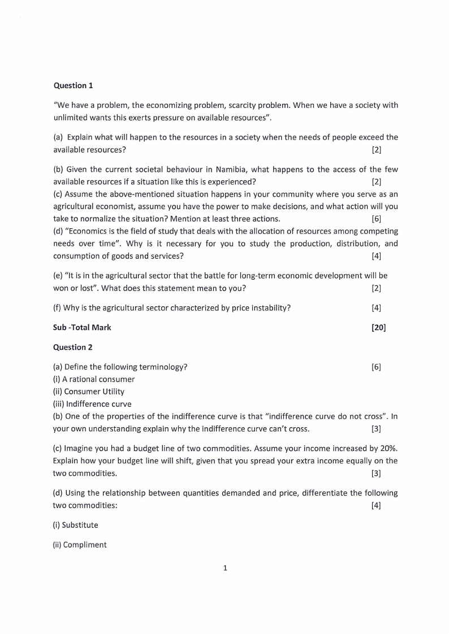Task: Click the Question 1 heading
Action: [x=73, y=85]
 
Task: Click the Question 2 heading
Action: [x=73, y=347]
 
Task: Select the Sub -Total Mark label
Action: [x=82, y=327]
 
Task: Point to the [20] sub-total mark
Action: [x=378, y=327]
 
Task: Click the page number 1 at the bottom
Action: [x=225, y=568]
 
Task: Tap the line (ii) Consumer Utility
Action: [x=89, y=391]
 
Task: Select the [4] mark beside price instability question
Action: [x=376, y=308]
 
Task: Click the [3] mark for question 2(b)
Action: [x=376, y=428]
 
